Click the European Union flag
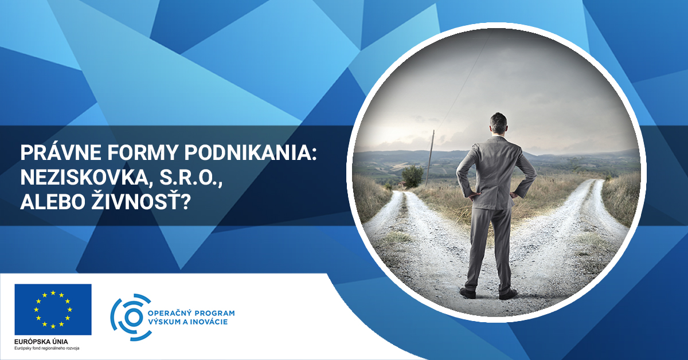[x=53, y=310]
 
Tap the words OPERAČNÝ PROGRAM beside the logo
[x=191, y=313]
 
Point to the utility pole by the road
[x=429, y=157]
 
